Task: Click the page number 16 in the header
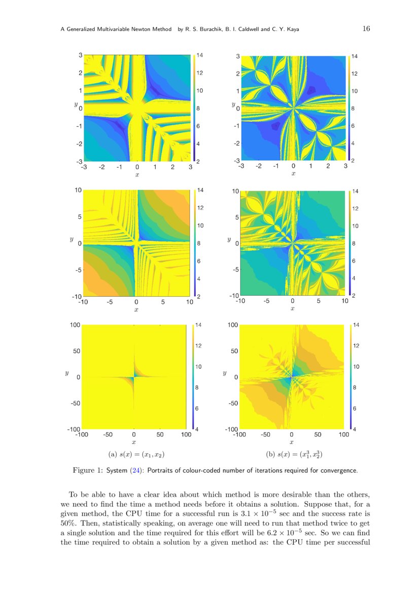coord(366,29)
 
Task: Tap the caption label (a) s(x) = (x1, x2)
coord(135,454)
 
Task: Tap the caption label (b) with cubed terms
coord(295,454)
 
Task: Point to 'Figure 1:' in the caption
coord(88,470)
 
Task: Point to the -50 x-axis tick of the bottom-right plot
coord(265,434)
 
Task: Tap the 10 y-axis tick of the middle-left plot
coord(79,191)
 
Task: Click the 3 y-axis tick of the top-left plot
coord(80,55)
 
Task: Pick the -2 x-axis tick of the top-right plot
coord(259,166)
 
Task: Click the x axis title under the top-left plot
coord(137,174)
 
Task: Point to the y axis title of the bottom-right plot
coord(224,373)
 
